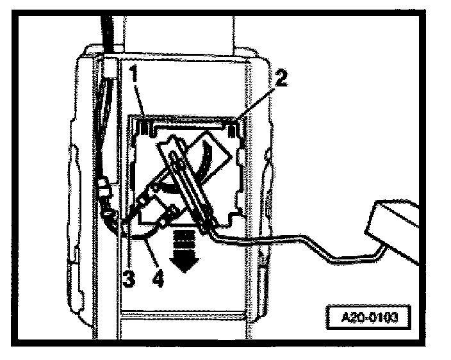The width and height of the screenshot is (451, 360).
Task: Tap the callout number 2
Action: point(281,78)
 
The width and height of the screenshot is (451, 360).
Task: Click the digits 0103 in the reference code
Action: point(383,317)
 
